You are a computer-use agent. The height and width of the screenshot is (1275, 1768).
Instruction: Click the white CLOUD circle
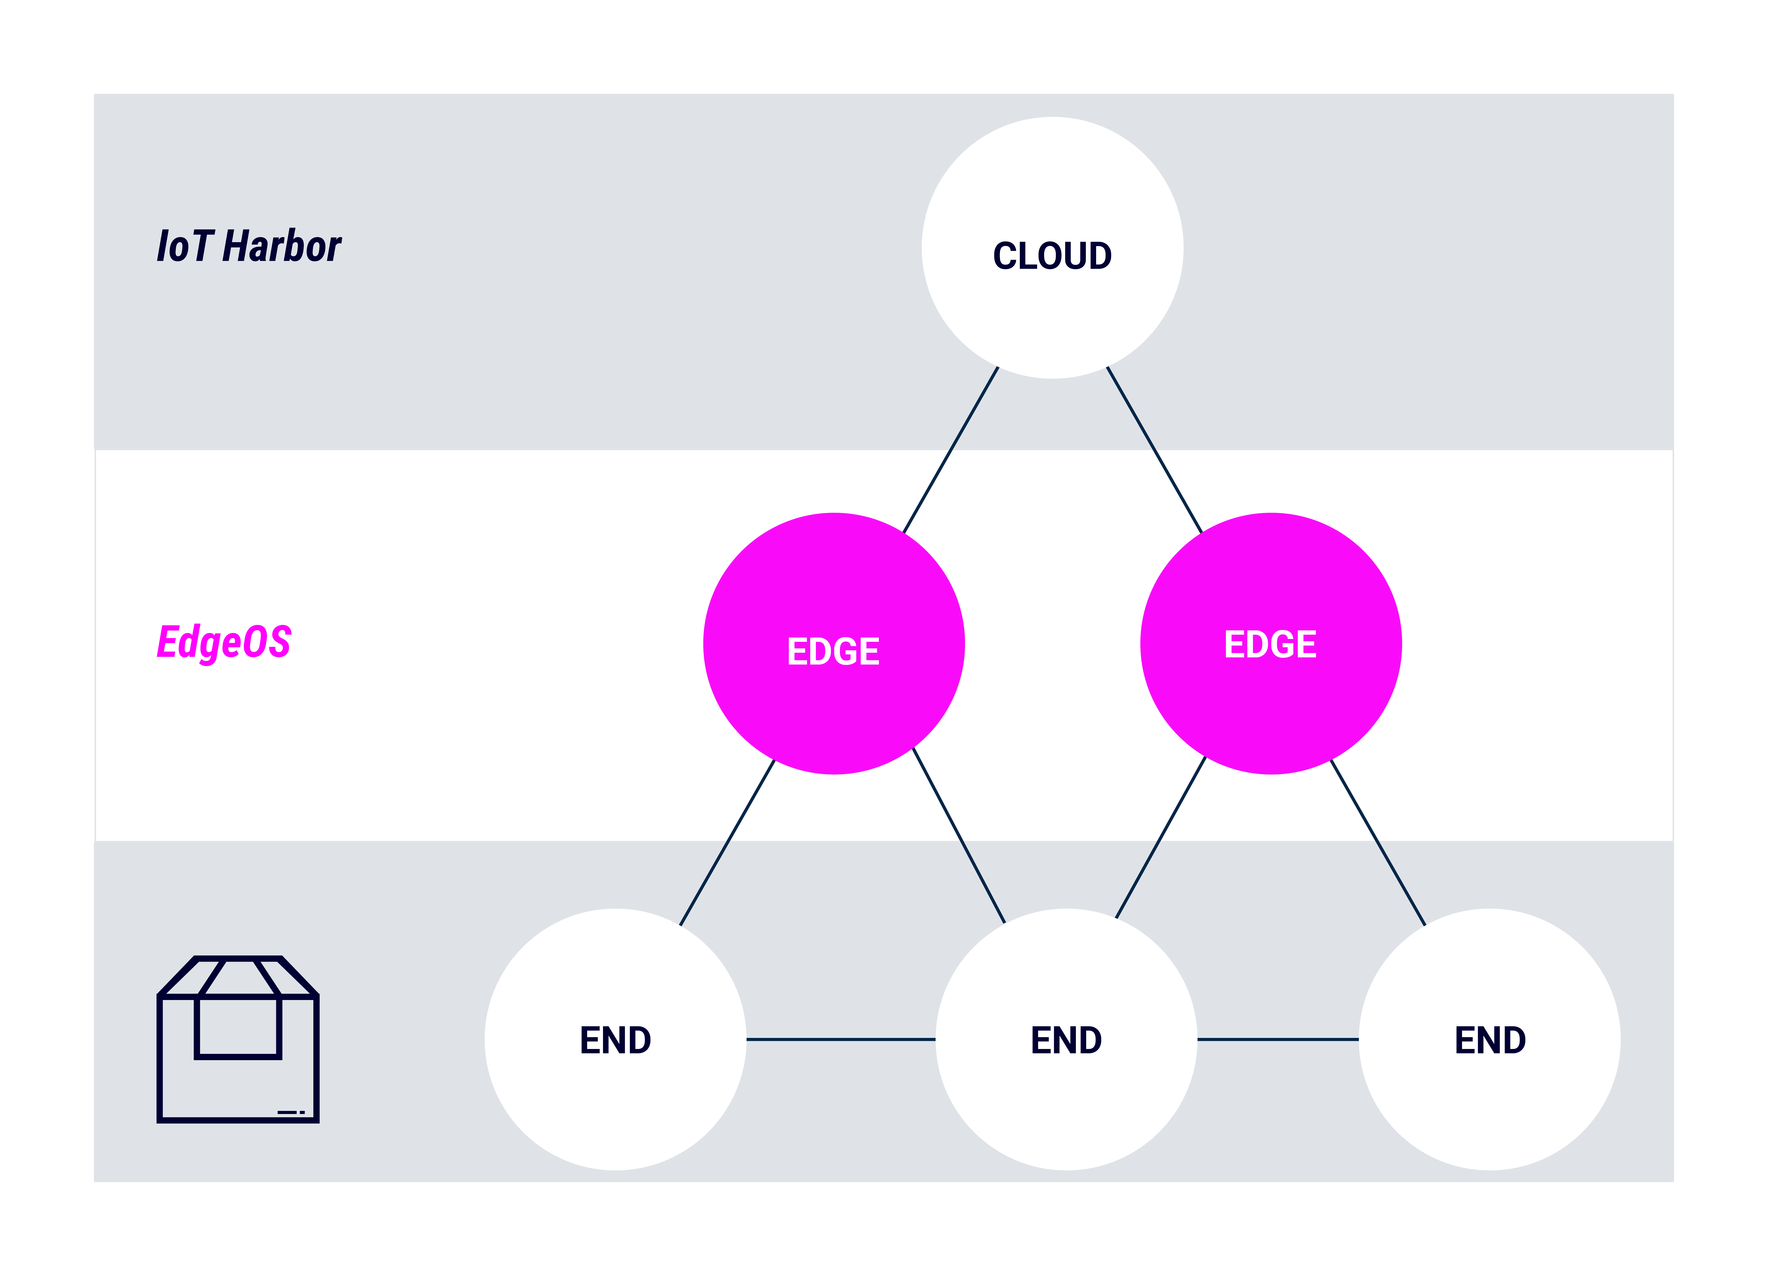(1052, 248)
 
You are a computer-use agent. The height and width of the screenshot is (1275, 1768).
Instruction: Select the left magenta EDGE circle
(834, 644)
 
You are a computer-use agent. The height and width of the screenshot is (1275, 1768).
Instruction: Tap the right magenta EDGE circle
(1271, 644)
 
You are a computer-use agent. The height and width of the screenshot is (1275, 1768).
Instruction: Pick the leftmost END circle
(616, 1040)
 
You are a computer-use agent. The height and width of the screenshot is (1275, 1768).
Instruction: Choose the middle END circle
(1066, 1040)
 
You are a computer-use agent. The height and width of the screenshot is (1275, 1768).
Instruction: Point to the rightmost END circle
(1490, 1040)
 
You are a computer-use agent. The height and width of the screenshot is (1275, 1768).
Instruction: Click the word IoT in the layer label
(185, 246)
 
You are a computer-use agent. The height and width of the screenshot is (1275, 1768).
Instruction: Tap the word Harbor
(282, 246)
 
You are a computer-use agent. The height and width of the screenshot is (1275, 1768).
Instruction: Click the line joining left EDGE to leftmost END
(727, 842)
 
